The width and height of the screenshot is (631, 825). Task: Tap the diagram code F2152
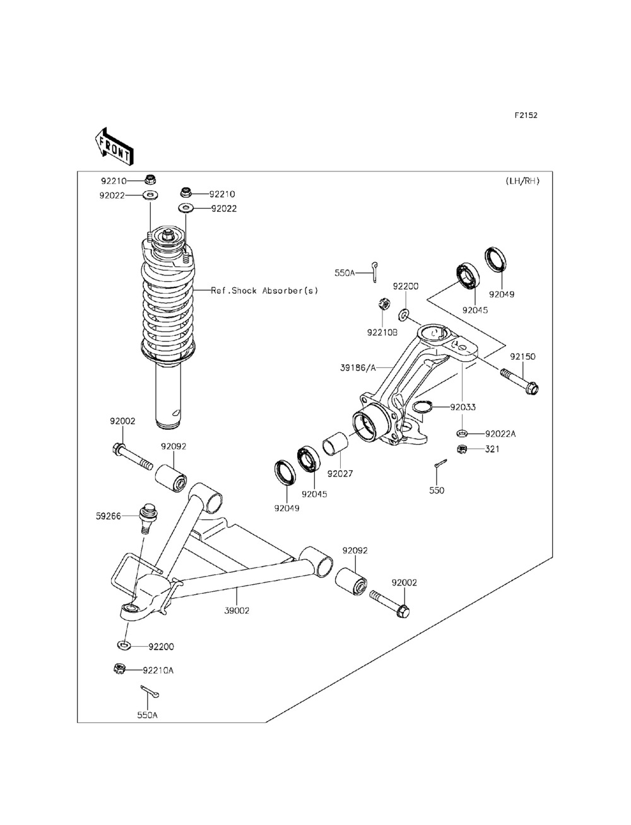pos(526,115)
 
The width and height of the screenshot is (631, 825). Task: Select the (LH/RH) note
pos(522,181)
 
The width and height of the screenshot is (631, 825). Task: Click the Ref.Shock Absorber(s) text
pos(264,291)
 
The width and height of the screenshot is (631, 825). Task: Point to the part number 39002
pos(237,611)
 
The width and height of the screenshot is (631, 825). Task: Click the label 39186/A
pos(358,368)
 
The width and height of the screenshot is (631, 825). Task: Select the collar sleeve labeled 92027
pos(336,444)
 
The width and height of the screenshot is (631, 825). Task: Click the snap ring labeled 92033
pos(423,407)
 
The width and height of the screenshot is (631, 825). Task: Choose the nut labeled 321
pos(462,449)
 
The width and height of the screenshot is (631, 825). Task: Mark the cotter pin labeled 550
pos(440,463)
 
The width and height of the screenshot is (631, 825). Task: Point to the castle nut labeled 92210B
pos(384,303)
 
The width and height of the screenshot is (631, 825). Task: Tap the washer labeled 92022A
pos(462,434)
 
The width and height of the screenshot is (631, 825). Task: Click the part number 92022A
pos(500,434)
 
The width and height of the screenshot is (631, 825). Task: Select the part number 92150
pos(522,356)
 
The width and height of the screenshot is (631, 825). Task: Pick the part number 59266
pos(109,516)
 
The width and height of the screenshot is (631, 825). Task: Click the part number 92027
pos(340,474)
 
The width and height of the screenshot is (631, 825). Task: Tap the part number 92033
pos(463,407)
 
